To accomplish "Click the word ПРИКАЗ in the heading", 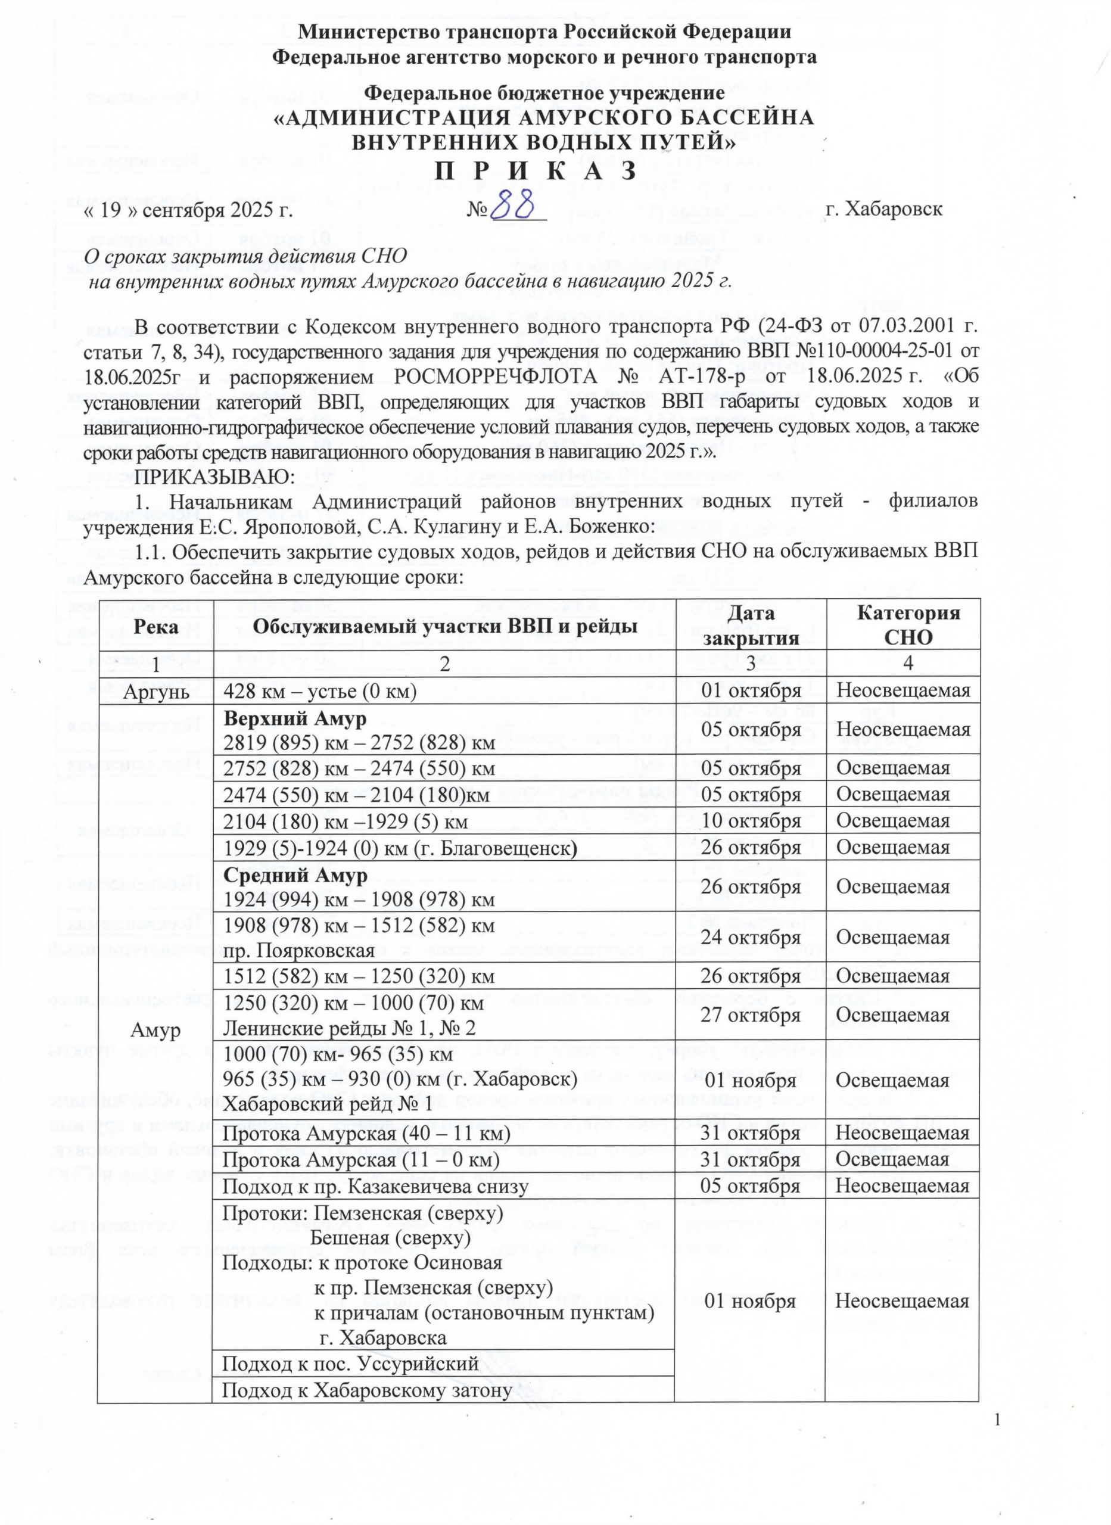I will tap(536, 172).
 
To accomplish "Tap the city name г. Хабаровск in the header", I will tap(883, 208).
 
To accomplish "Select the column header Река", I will tap(155, 627).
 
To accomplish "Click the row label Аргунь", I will tap(155, 690).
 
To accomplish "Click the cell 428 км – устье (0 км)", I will tap(320, 690).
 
